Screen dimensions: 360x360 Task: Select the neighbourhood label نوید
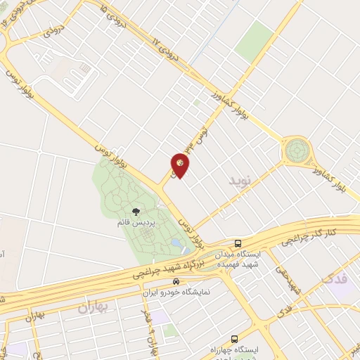240,181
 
